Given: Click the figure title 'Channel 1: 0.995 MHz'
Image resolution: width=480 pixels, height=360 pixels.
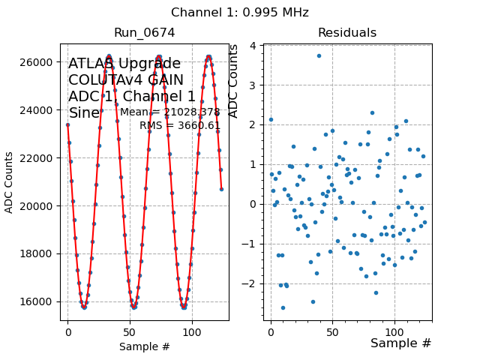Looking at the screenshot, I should pos(239,13).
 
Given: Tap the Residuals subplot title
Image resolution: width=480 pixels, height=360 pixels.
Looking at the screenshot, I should pos(346,33).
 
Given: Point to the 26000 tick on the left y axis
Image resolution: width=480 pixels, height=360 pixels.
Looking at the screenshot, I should pos(42,61).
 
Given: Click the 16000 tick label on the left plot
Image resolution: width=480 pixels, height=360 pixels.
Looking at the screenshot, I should pos(42,301).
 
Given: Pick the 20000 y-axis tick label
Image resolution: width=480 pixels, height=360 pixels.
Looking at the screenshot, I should pos(42,205).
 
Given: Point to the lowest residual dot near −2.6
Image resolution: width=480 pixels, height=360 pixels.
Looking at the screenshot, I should pos(283,307).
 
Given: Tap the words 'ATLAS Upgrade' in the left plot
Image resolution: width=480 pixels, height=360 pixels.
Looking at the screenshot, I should pos(124,64).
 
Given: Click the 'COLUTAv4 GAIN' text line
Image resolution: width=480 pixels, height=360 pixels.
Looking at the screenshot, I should pos(124,80).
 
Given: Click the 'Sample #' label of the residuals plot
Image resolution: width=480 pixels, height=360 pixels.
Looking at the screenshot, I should pos(400,343).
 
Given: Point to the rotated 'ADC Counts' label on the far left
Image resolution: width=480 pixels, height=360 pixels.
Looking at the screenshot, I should pos(9,182).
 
